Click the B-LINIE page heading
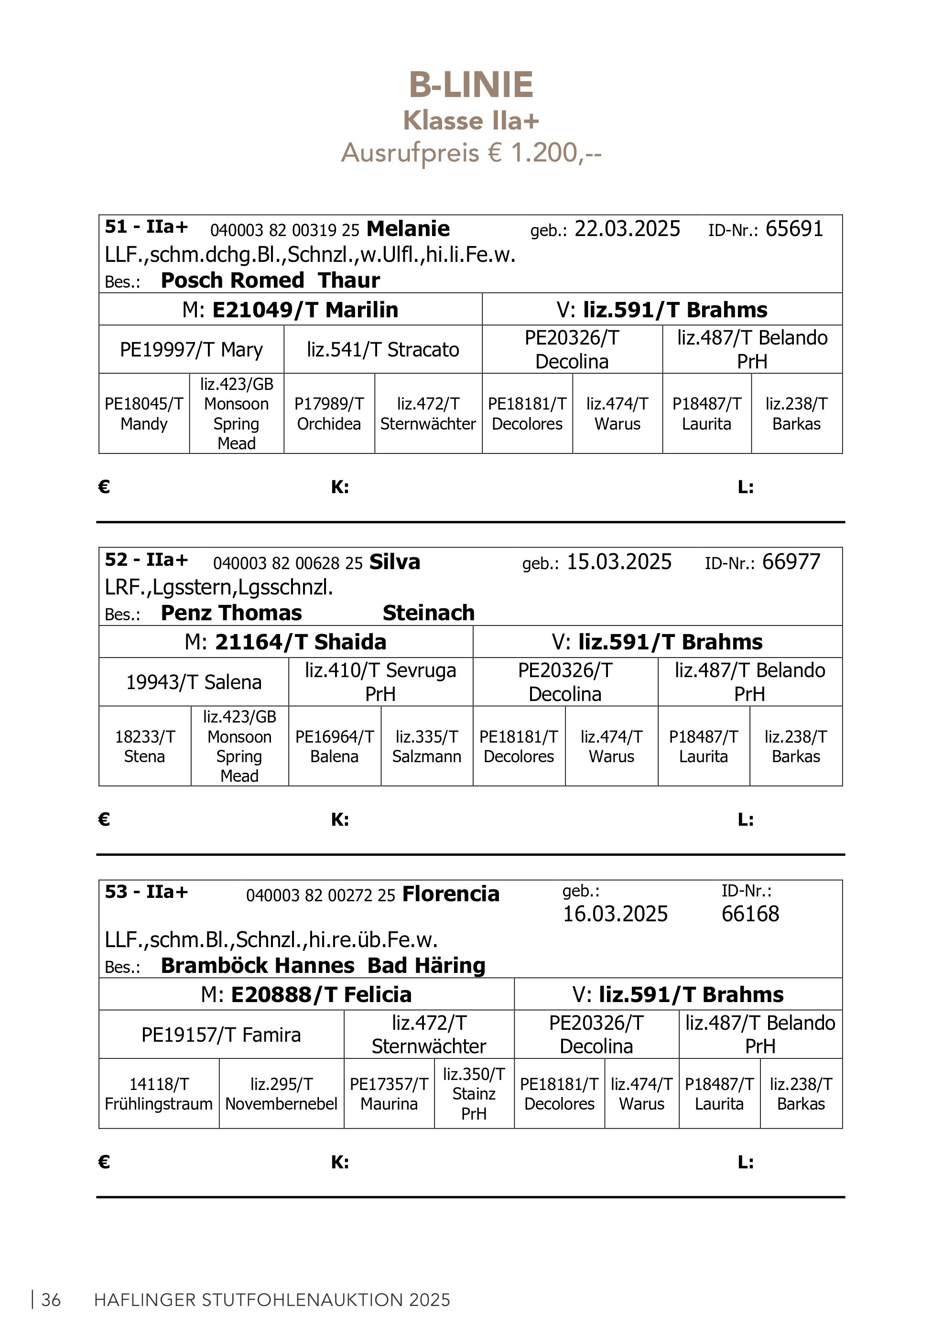coord(471,85)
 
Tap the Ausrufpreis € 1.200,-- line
coord(471,153)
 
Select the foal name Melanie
coord(408,229)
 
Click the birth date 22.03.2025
coord(627,229)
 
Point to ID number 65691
coord(794,229)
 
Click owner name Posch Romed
coord(232,281)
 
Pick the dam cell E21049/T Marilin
coord(290,310)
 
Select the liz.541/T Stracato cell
coord(383,350)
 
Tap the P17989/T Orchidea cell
coord(329,414)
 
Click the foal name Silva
coord(395,562)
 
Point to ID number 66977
coord(791,562)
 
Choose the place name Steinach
coord(428,613)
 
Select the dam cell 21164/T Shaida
coord(286,642)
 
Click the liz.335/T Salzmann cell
coord(427,746)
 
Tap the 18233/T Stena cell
coord(144,746)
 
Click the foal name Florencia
coord(451,894)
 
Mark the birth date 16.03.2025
coord(615,914)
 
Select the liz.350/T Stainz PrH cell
coord(474,1094)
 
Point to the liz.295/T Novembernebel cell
coord(281,1094)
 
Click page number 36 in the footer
coord(51,1300)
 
